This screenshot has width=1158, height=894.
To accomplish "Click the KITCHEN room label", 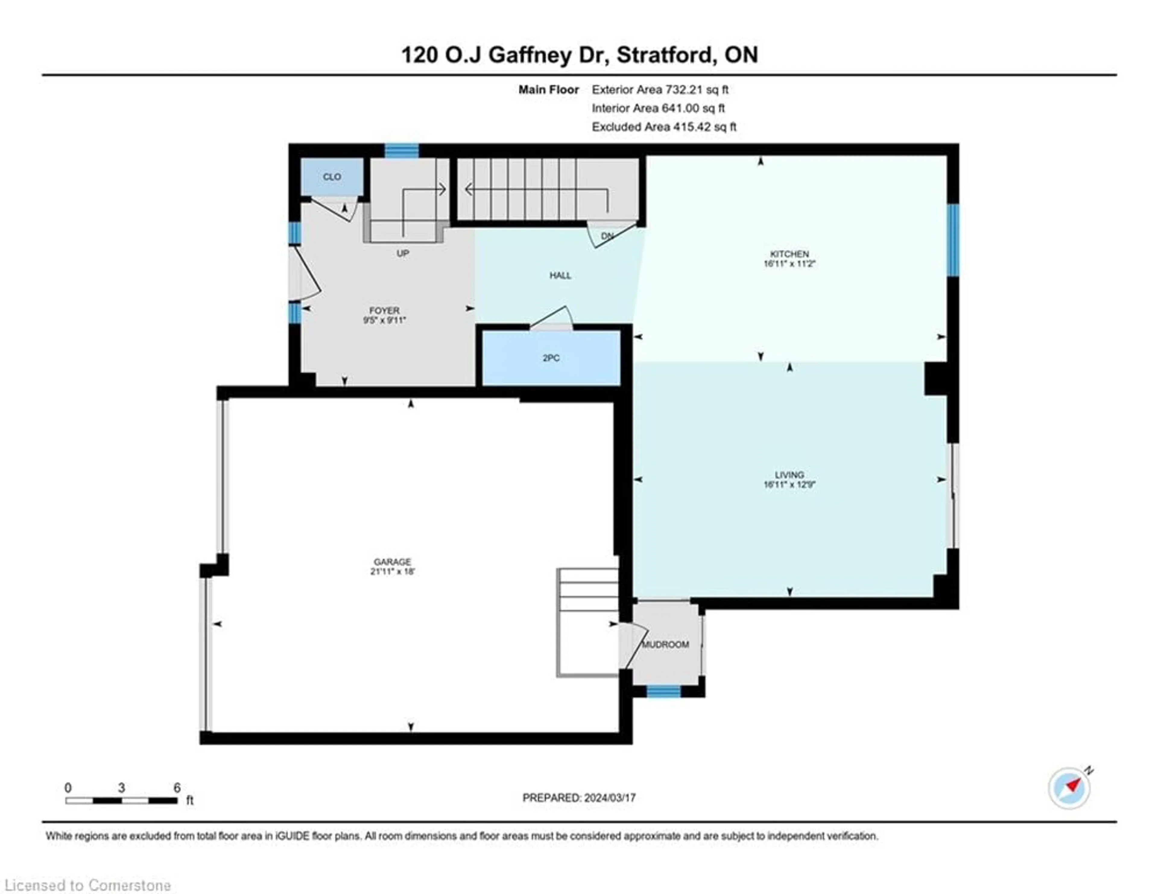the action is click(789, 254).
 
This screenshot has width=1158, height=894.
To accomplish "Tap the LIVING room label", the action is click(789, 474).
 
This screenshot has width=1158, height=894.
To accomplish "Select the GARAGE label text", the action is click(392, 562).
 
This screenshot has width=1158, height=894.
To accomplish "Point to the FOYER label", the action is click(384, 310).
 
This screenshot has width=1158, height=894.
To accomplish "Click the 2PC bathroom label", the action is click(551, 358).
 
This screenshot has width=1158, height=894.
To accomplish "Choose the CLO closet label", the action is click(332, 176).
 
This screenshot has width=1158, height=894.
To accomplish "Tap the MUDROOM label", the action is click(666, 644).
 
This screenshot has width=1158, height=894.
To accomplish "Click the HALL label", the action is click(560, 275).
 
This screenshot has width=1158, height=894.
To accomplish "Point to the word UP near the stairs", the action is click(403, 253).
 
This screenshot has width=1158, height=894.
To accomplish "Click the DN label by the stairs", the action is click(607, 236).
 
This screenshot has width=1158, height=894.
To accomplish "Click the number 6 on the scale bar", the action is click(177, 788).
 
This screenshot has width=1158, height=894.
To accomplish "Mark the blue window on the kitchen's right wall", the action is click(953, 240).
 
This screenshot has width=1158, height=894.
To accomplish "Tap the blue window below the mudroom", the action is click(663, 691).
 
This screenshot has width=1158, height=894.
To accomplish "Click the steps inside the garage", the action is click(587, 623).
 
